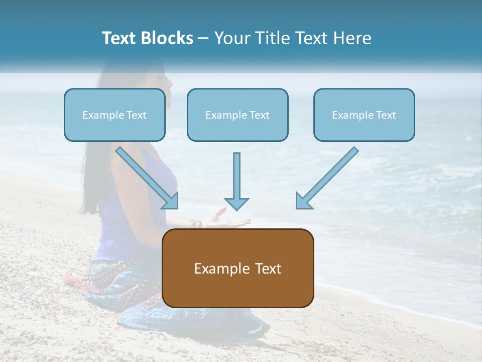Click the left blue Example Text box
114,115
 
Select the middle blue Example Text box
237,115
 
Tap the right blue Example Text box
364,115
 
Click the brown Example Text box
237,268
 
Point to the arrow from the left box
147,177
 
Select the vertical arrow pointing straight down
236,181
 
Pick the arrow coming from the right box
327,178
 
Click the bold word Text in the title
120,38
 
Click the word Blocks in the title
168,38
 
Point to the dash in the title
203,39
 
